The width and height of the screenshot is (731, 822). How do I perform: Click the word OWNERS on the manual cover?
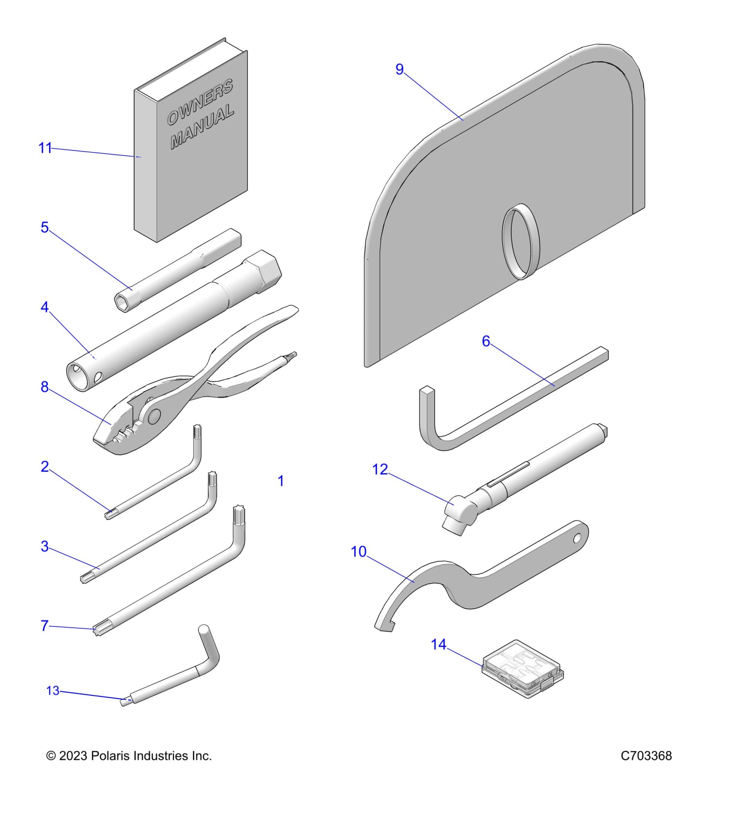click(200, 102)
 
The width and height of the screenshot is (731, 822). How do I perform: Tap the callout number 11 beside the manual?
click(45, 148)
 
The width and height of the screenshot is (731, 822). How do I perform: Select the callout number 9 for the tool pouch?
click(399, 69)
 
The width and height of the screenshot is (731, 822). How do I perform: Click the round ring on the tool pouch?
click(521, 242)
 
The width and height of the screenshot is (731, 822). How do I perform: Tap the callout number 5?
click(45, 227)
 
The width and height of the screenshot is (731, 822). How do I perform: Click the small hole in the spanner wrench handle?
click(577, 537)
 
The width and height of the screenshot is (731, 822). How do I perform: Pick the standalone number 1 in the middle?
click(281, 481)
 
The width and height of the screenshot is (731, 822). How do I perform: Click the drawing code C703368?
click(646, 755)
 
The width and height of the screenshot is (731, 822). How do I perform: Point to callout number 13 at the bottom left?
click(52, 690)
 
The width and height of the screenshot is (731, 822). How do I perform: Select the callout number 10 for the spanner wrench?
click(359, 552)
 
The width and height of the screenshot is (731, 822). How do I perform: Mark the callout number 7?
click(44, 626)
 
